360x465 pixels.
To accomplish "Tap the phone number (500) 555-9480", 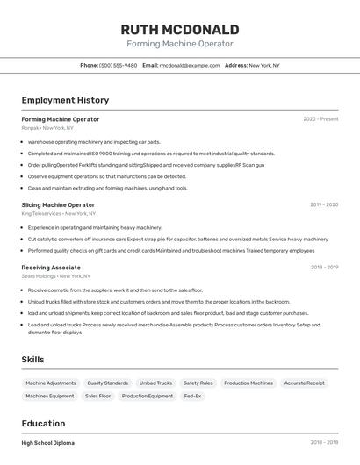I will tap(118, 65).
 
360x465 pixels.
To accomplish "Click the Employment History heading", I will tap(65, 100).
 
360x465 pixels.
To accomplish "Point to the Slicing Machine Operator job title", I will tap(58, 204).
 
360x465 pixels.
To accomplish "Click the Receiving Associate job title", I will tap(51, 267).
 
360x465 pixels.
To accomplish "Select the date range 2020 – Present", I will tap(320, 119).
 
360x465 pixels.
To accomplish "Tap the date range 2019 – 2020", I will tap(323, 204).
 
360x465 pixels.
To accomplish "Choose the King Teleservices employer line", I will tap(58, 213).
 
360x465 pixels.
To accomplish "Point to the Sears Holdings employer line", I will tap(56, 275).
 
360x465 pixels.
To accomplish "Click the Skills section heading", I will tap(32, 359).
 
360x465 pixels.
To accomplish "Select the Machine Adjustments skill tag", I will tap(51, 383).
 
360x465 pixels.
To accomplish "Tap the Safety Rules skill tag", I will tap(198, 383).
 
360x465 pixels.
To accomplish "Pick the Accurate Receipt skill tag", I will tap(305, 383).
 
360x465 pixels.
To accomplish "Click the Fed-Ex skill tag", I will tap(192, 396).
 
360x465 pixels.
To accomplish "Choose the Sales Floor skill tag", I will tap(97, 396).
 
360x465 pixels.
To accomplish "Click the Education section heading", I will tap(43, 423).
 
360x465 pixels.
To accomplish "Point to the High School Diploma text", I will tap(48, 443).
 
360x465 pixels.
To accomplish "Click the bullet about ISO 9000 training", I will tap(151, 153).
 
